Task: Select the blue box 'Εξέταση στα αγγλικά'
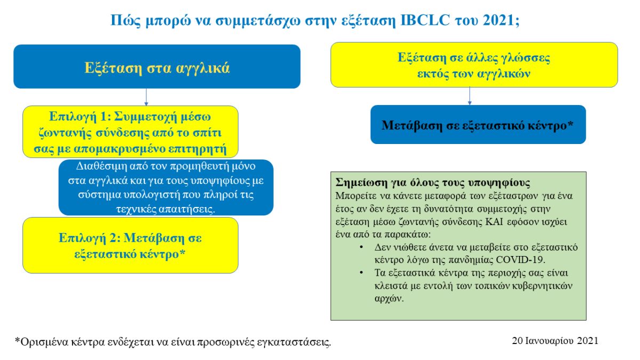[157, 67]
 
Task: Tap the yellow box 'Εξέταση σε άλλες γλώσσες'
[474, 65]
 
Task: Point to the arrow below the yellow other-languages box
[469, 96]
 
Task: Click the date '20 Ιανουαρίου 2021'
[555, 340]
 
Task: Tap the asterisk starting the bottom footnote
[17, 340]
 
